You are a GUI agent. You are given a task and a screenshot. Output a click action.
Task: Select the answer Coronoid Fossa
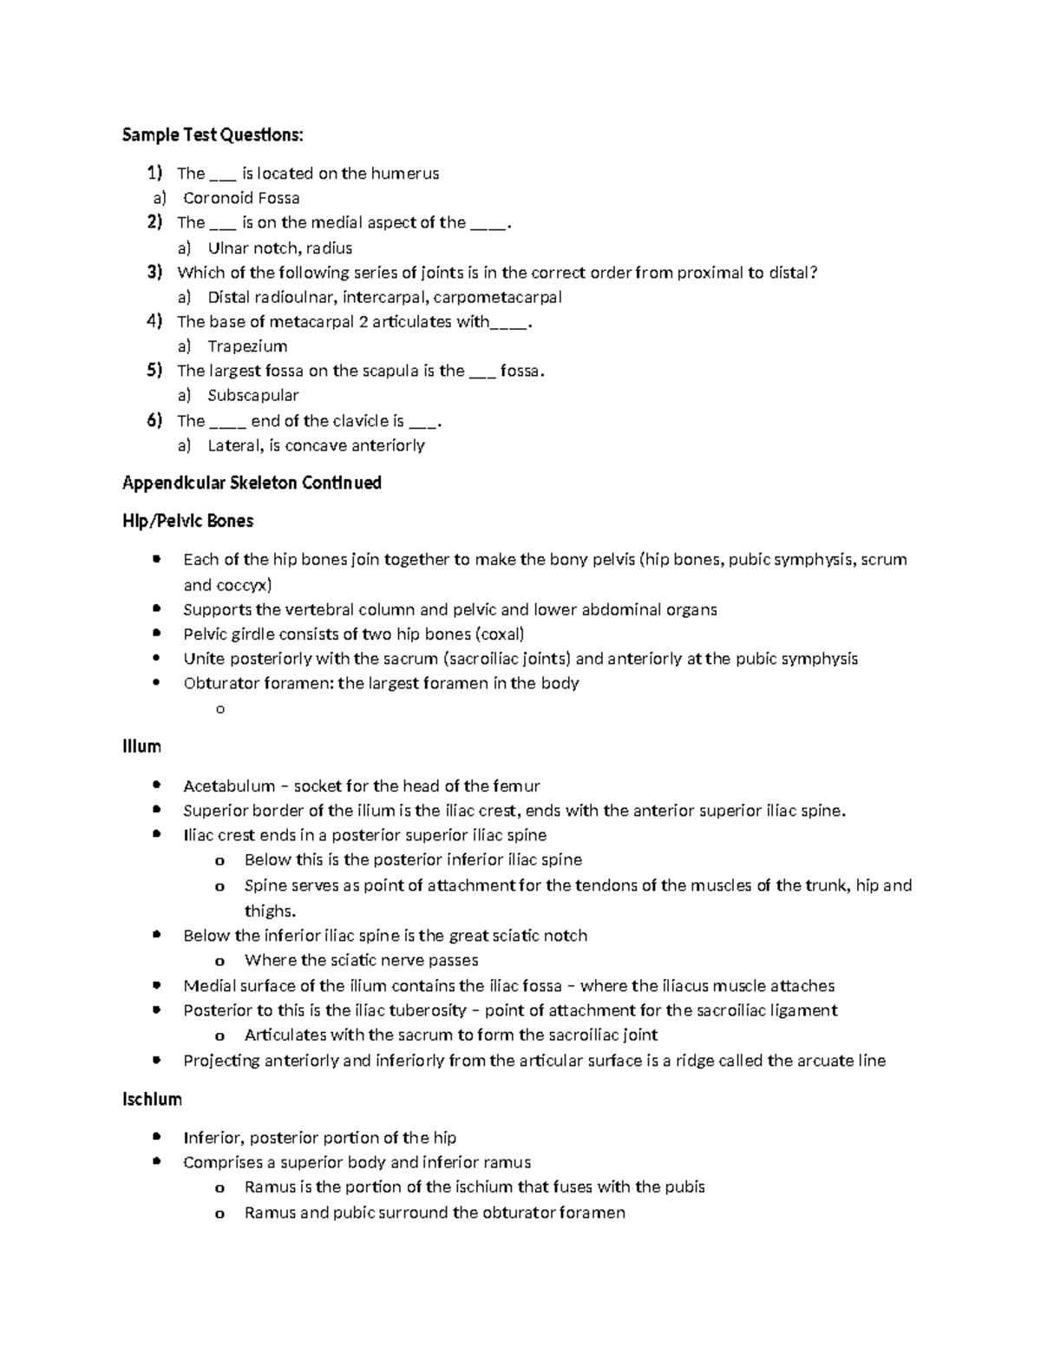click(x=241, y=198)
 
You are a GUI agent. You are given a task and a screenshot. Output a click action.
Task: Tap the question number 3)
click(x=154, y=273)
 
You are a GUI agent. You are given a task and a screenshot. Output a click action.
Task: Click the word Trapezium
click(x=247, y=346)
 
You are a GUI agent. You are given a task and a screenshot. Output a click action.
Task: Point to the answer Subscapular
click(x=253, y=396)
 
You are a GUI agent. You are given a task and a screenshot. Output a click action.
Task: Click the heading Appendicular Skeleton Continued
click(x=252, y=483)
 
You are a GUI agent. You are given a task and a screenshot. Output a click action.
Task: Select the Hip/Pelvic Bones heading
click(x=187, y=521)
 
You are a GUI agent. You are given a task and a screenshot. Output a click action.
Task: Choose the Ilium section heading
click(x=141, y=746)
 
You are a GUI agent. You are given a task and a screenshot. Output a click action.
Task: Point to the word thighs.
click(x=270, y=911)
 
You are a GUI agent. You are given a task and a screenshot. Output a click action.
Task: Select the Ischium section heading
click(x=152, y=1100)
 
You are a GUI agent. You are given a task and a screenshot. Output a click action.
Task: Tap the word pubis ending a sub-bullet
click(x=684, y=1187)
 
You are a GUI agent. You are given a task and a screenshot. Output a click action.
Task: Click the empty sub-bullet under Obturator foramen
click(x=219, y=709)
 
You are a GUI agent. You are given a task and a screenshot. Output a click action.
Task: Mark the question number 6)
click(x=154, y=421)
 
